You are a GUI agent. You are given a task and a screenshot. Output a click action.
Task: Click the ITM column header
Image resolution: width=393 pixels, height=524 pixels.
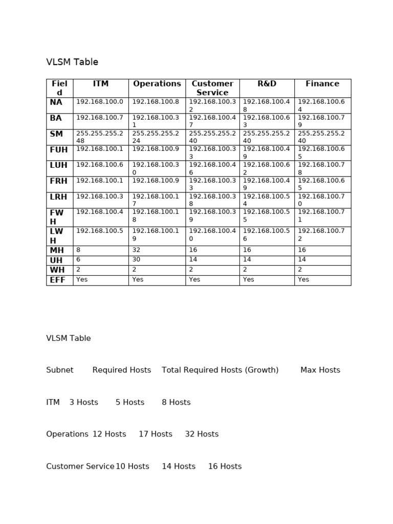coord(101,83)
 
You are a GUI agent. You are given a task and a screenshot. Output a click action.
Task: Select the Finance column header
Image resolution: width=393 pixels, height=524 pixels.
coord(322,83)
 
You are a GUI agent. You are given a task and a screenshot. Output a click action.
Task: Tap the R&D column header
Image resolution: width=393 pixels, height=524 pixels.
coord(267,83)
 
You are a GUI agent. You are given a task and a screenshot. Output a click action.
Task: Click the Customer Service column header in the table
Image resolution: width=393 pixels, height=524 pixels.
coord(212,88)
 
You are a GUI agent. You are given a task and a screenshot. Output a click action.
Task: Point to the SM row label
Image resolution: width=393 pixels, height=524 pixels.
coord(56,134)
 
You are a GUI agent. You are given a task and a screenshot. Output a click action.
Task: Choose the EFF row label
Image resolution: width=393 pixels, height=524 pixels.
coord(57,280)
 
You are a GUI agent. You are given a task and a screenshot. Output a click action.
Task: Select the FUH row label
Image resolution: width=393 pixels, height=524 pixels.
coord(59,150)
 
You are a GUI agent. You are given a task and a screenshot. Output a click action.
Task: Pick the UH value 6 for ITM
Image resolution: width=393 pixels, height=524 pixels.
coord(78,260)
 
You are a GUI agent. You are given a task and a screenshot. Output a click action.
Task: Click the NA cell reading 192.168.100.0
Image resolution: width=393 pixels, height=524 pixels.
coord(100,102)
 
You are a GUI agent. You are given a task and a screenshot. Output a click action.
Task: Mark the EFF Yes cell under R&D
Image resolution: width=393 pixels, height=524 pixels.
coord(249,280)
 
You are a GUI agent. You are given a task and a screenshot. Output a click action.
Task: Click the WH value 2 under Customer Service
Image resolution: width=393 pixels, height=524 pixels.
coord(191,270)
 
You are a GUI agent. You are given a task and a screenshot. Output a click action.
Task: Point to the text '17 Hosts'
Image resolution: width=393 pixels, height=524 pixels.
coord(156,434)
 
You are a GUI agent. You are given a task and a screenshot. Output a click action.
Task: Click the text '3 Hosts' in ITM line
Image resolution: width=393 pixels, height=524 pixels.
coord(83,402)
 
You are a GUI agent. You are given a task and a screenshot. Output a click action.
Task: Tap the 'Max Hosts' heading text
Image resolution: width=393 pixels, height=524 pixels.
coord(320,370)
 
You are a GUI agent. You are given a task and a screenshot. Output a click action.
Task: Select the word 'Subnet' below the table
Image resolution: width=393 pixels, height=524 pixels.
coord(60,370)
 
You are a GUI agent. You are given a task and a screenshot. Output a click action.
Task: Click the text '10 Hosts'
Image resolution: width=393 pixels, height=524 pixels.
coord(133,466)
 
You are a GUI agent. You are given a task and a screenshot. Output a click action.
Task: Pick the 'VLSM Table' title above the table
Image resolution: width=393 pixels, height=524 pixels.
coord(72,62)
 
